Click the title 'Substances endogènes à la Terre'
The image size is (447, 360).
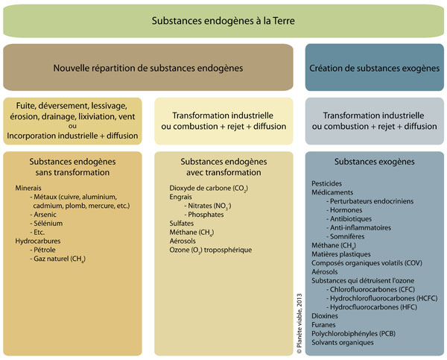click(223, 22)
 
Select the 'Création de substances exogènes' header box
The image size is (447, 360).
click(375, 68)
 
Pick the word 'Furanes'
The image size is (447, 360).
click(325, 325)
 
